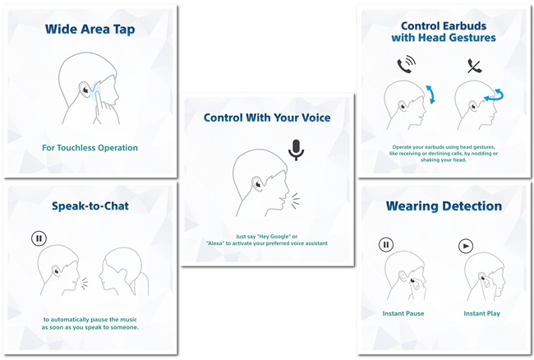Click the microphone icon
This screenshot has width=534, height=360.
coord(296,150)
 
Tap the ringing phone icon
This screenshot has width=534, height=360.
coord(407,65)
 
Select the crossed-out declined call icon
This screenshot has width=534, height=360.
coord(474,66)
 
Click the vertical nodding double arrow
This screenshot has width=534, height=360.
coord(430,95)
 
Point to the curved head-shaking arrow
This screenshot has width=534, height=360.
coord(494,95)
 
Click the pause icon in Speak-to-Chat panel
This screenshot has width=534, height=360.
coord(39,238)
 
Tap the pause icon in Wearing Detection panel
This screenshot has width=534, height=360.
coord(386,245)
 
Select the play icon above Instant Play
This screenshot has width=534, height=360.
coord(466,246)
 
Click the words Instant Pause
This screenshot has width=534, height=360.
coord(403,313)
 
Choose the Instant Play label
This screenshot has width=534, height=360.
coord(481,313)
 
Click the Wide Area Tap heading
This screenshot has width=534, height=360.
coord(90,30)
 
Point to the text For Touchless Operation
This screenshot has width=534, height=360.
coord(90,148)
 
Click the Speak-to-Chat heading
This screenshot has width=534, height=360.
coord(90,206)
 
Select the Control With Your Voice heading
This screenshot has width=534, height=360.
coord(267,118)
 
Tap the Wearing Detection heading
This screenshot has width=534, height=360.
coord(444,206)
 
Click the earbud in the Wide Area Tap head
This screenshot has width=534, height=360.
coord(84,90)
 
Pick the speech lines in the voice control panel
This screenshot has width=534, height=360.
coord(296,201)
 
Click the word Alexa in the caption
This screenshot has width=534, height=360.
coord(215,243)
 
